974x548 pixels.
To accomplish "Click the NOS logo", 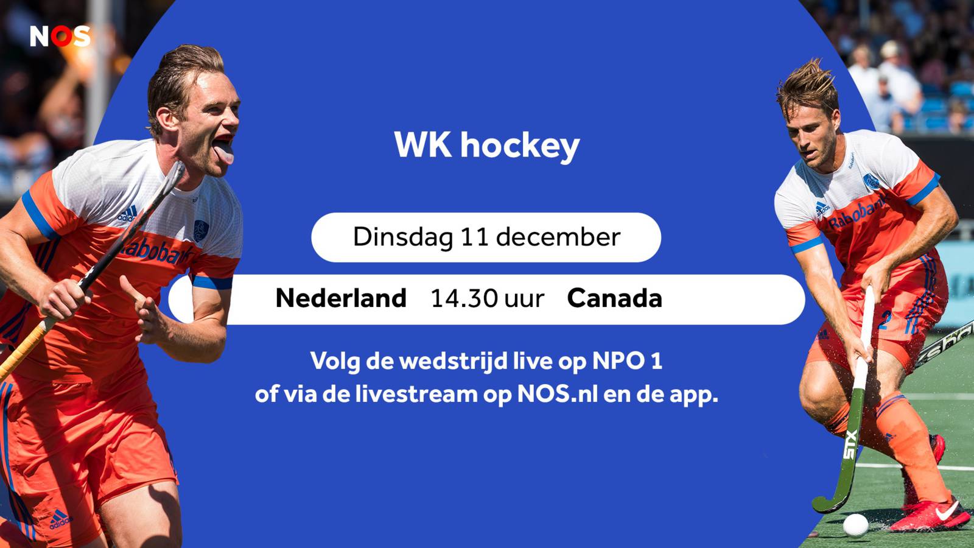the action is coord(60,36).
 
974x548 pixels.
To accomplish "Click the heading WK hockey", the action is coord(487,146).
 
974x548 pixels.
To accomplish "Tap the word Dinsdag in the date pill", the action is coord(402,237).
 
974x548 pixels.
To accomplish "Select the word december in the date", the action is coord(558,237).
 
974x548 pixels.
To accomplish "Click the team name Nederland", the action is coord(341,299).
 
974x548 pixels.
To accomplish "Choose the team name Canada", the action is coord(615,299).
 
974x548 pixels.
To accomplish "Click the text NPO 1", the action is coord(628,361).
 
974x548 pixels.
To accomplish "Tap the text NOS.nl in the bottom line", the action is coord(558,395).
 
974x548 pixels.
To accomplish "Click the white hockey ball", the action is coord(855,525).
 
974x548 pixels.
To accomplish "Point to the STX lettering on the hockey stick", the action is coord(851,444).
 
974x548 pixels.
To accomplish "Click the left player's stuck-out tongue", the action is coord(225,153).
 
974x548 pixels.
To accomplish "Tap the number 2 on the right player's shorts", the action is coord(885,320).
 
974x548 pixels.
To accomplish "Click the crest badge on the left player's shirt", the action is coord(200,231).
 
